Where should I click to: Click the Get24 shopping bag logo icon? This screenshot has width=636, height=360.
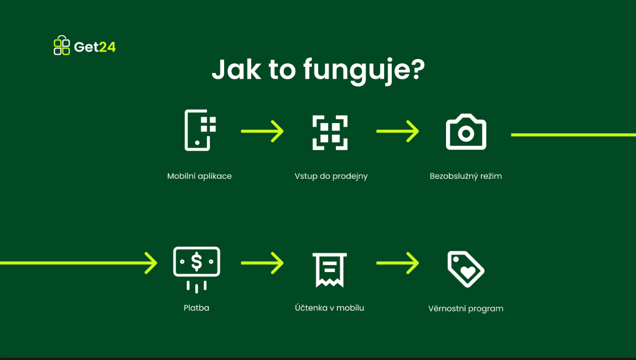pyautogui.click(x=62, y=45)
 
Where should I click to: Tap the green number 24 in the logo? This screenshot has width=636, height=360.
pyautogui.click(x=108, y=47)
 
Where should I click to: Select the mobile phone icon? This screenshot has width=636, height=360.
pyautogui.click(x=200, y=130)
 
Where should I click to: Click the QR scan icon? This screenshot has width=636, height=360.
pyautogui.click(x=330, y=133)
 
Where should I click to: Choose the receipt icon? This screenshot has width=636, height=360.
pyautogui.click(x=330, y=270)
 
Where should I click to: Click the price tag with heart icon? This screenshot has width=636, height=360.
pyautogui.click(x=466, y=269)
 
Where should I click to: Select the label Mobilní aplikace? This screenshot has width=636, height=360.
pyautogui.click(x=199, y=176)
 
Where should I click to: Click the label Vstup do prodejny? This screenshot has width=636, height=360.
pyautogui.click(x=331, y=176)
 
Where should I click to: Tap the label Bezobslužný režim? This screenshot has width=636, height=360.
pyautogui.click(x=466, y=176)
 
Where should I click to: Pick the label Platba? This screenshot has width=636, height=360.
pyautogui.click(x=196, y=308)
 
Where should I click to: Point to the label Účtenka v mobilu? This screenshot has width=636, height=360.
pyautogui.click(x=329, y=308)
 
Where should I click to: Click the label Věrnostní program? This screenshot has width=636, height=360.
pyautogui.click(x=466, y=309)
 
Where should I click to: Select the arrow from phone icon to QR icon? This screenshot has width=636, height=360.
pyautogui.click(x=262, y=131)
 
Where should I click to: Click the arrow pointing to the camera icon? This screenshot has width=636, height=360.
pyautogui.click(x=398, y=131)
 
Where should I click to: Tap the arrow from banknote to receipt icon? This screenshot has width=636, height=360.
pyautogui.click(x=262, y=263)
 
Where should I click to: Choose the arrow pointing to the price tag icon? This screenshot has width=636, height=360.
pyautogui.click(x=398, y=263)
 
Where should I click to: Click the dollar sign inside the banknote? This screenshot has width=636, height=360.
pyautogui.click(x=197, y=262)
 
